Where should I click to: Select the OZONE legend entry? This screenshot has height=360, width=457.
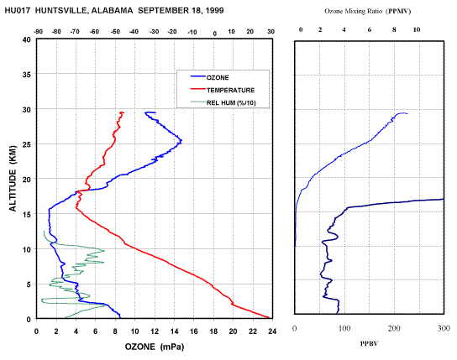click(210, 77)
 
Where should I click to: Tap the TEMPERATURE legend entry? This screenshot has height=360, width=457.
click(223, 90)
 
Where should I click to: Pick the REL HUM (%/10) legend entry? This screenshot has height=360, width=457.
click(223, 102)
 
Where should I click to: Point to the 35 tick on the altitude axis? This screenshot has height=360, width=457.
click(27, 74)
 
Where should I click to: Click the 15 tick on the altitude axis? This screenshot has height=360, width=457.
click(27, 215)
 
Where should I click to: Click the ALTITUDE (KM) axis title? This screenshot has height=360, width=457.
click(13, 179)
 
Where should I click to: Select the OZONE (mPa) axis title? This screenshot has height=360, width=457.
click(155, 347)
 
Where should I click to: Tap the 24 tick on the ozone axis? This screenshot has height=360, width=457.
click(272, 331)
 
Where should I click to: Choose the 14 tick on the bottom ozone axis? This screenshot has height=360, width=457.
click(174, 331)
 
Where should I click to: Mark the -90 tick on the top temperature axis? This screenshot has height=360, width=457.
click(39, 32)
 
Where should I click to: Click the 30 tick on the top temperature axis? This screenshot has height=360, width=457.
click(271, 32)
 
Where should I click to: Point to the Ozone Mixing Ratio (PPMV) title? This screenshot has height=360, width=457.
click(368, 12)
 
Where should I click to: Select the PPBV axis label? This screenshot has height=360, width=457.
click(370, 344)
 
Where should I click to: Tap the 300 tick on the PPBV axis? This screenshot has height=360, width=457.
click(444, 328)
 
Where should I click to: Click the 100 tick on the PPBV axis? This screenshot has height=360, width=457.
click(344, 328)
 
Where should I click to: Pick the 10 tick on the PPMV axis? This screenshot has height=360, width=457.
click(417, 29)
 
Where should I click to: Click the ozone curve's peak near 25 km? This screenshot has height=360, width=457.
click(181, 141)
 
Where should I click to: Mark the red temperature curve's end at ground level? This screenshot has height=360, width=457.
click(269, 317)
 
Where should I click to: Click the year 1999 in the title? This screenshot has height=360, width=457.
click(214, 11)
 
